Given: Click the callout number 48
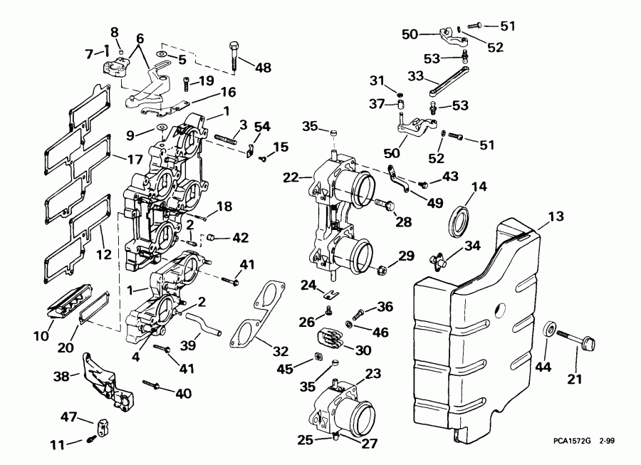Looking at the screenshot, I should [x=263, y=68].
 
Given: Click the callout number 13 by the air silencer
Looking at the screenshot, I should [x=555, y=217].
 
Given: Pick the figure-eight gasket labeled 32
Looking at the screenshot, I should [x=257, y=313].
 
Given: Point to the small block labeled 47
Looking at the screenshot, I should [x=99, y=424].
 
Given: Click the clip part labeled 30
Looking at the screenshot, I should [x=333, y=337].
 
